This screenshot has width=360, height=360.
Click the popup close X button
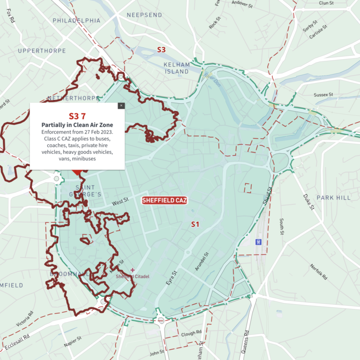pyautogui.click(x=121, y=106)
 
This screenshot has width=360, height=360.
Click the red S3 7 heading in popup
pyautogui.click(x=77, y=116)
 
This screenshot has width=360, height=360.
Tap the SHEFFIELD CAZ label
pyautogui.click(x=164, y=201)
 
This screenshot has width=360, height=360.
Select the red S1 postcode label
pyautogui.click(x=195, y=225)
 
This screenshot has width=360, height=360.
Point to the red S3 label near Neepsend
pyautogui.click(x=161, y=50)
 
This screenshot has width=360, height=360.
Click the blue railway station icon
pyautogui.click(x=258, y=242)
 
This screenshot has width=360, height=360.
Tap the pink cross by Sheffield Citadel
pyautogui.click(x=133, y=270)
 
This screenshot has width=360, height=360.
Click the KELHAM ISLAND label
pyautogui.click(x=176, y=68)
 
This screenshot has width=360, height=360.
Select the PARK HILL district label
pyautogui.click(x=333, y=198)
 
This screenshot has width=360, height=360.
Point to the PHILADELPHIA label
pyautogui.click(x=76, y=21)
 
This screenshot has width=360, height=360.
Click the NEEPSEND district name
pyautogui.click(x=144, y=15)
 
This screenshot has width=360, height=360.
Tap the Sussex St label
pyautogui.click(x=323, y=95)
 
